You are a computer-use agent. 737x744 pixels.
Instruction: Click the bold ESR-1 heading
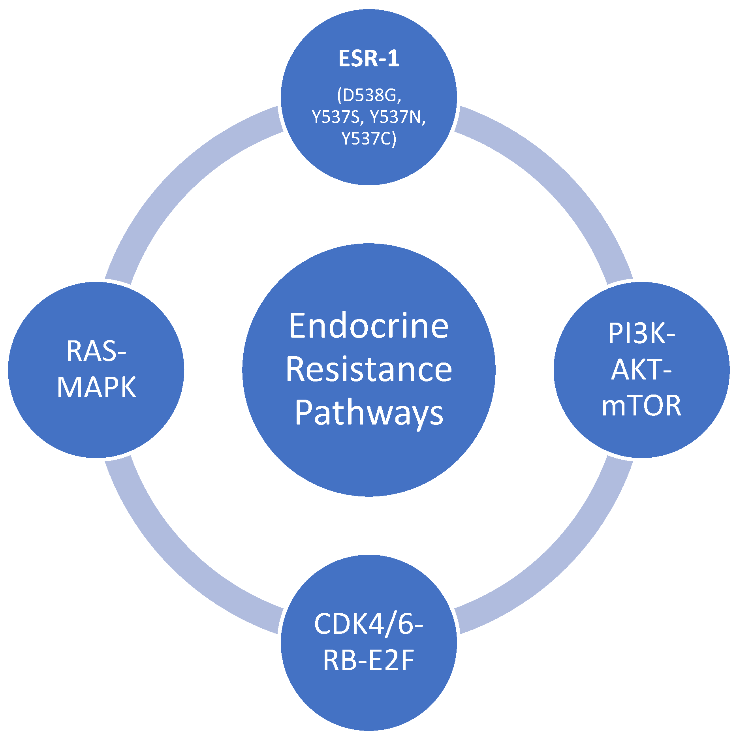tap(368, 59)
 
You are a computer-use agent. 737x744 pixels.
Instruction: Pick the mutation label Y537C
tap(368, 139)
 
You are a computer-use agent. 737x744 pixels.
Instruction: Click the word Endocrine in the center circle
tap(368, 326)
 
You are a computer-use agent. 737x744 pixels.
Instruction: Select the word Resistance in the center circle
tap(368, 370)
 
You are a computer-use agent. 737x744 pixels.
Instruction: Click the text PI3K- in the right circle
tap(641, 334)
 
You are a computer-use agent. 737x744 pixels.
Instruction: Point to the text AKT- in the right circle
tap(641, 370)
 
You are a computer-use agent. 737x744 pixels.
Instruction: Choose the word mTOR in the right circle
tap(641, 406)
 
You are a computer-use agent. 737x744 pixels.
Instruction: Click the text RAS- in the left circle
tap(96, 351)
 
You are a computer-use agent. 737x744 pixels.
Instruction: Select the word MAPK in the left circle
tap(96, 388)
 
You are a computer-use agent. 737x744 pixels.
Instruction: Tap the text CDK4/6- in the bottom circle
tap(368, 624)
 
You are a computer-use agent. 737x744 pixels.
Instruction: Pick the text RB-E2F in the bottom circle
tap(368, 660)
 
